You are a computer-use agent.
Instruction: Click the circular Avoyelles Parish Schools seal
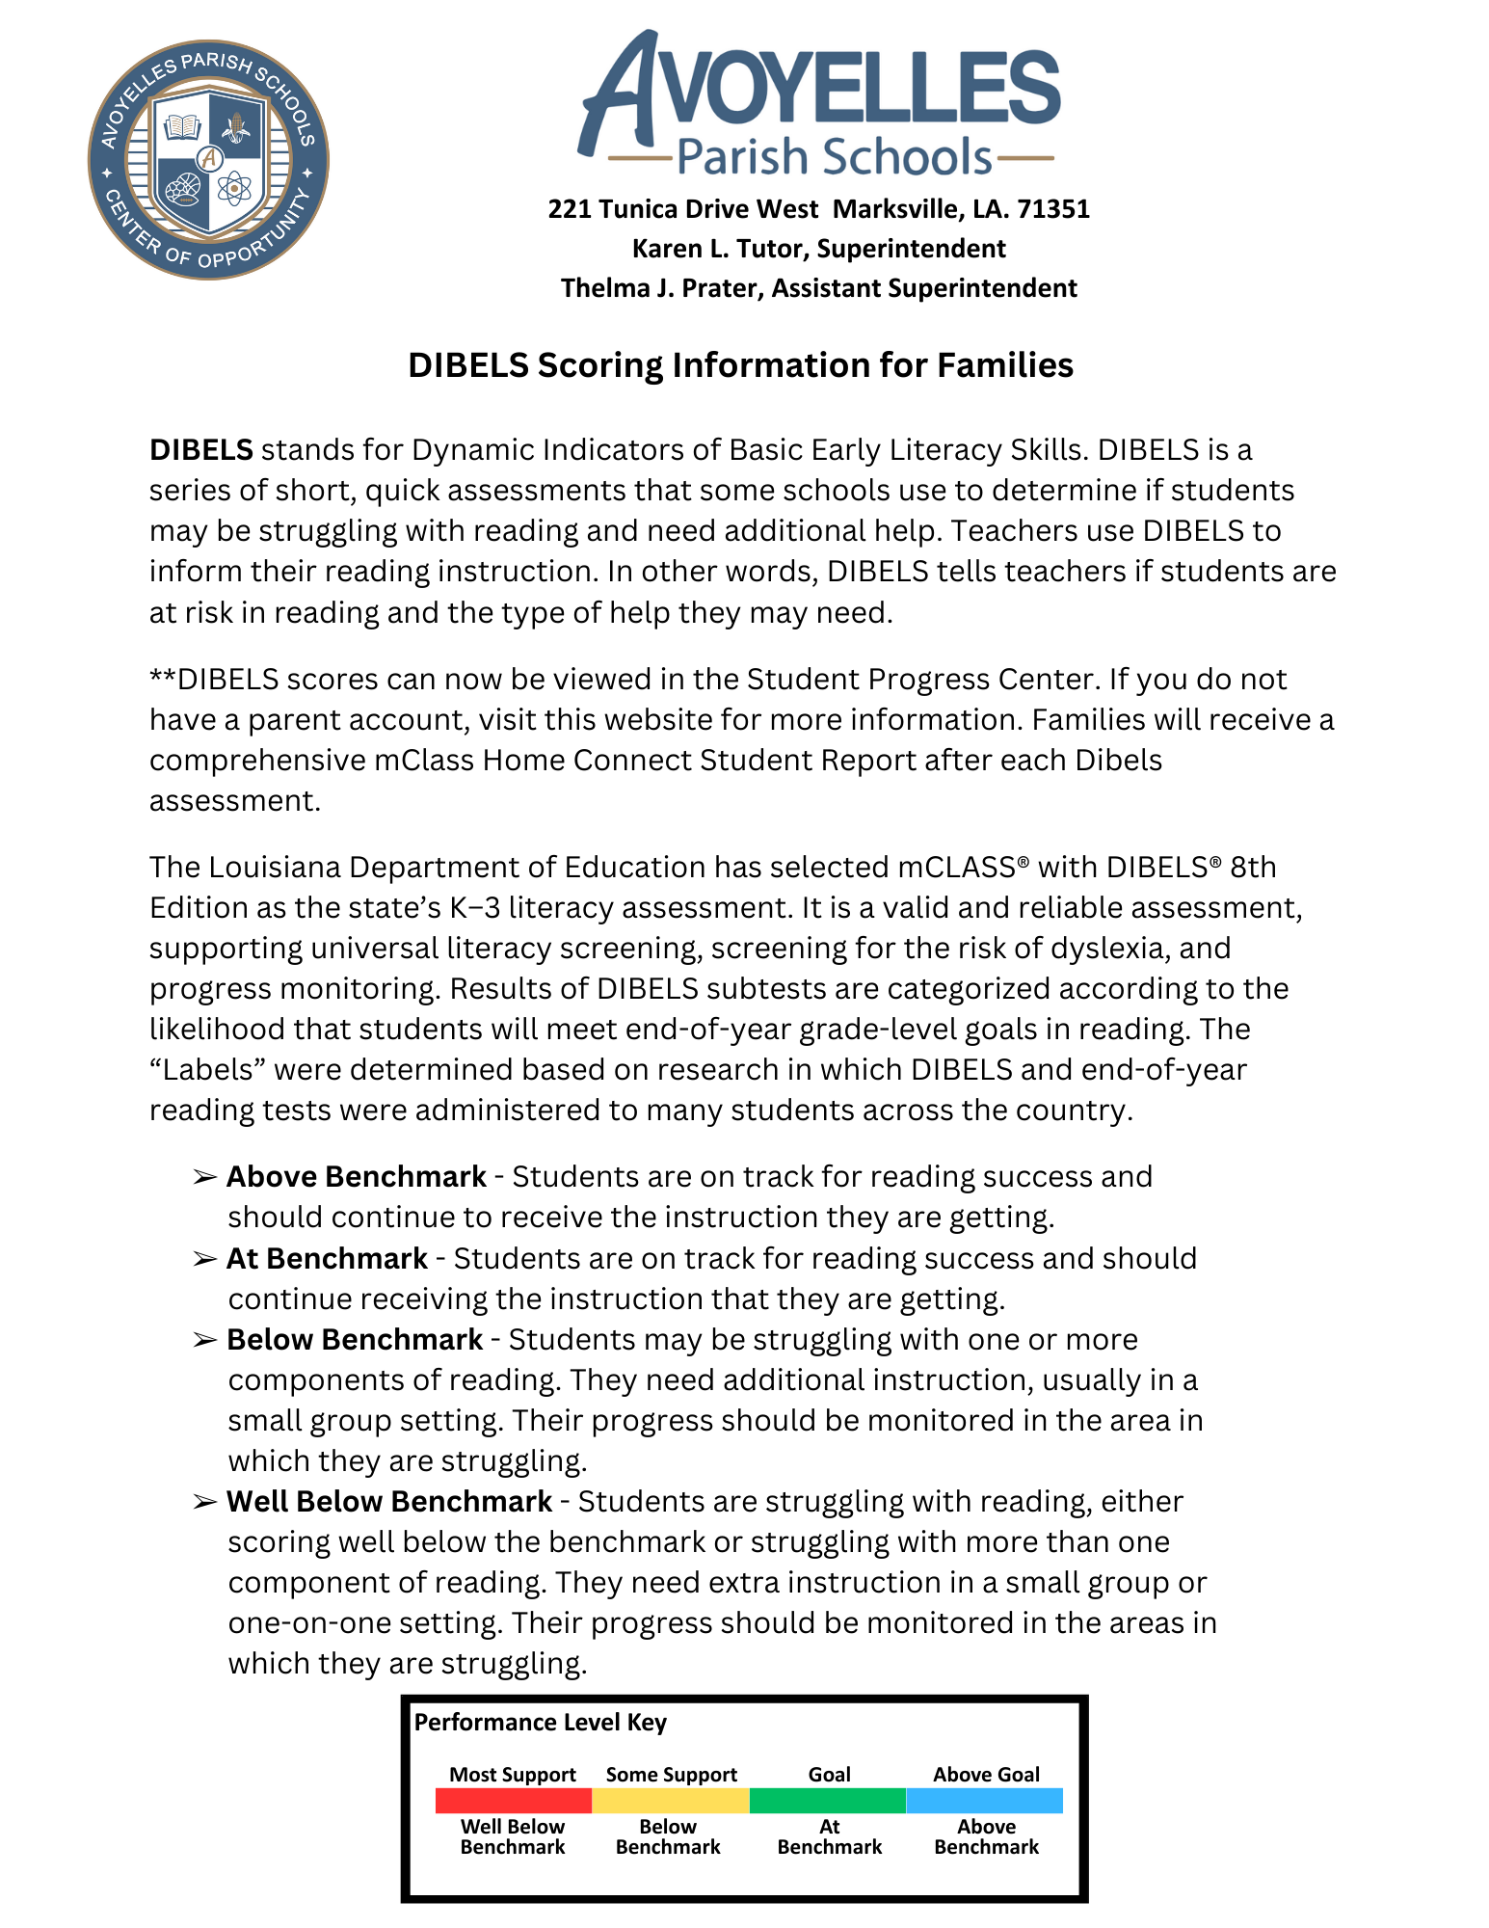pos(209,160)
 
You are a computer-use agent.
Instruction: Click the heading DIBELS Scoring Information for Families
pos(740,365)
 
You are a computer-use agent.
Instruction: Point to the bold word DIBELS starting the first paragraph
pos(200,450)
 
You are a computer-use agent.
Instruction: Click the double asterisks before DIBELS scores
pos(163,679)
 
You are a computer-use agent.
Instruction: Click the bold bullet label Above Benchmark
pos(357,1177)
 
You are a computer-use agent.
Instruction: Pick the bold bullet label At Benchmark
pos(327,1259)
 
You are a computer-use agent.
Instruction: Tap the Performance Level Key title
pos(540,1723)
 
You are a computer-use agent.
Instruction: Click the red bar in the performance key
pos(513,1801)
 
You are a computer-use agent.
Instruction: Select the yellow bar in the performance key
pos(671,1801)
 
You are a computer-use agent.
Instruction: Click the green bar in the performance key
pos(828,1801)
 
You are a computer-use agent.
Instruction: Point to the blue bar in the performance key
pos(985,1801)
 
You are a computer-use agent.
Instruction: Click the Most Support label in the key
pos(513,1775)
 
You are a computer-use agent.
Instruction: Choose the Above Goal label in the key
pos(986,1775)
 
